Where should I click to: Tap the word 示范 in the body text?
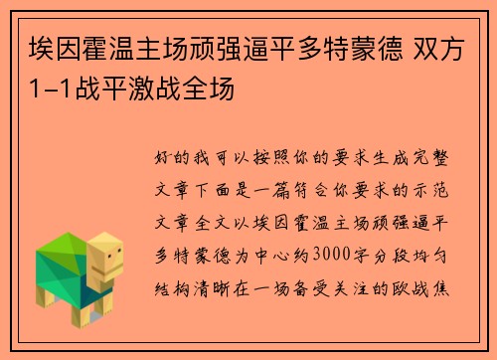pyautogui.click(x=442, y=190)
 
